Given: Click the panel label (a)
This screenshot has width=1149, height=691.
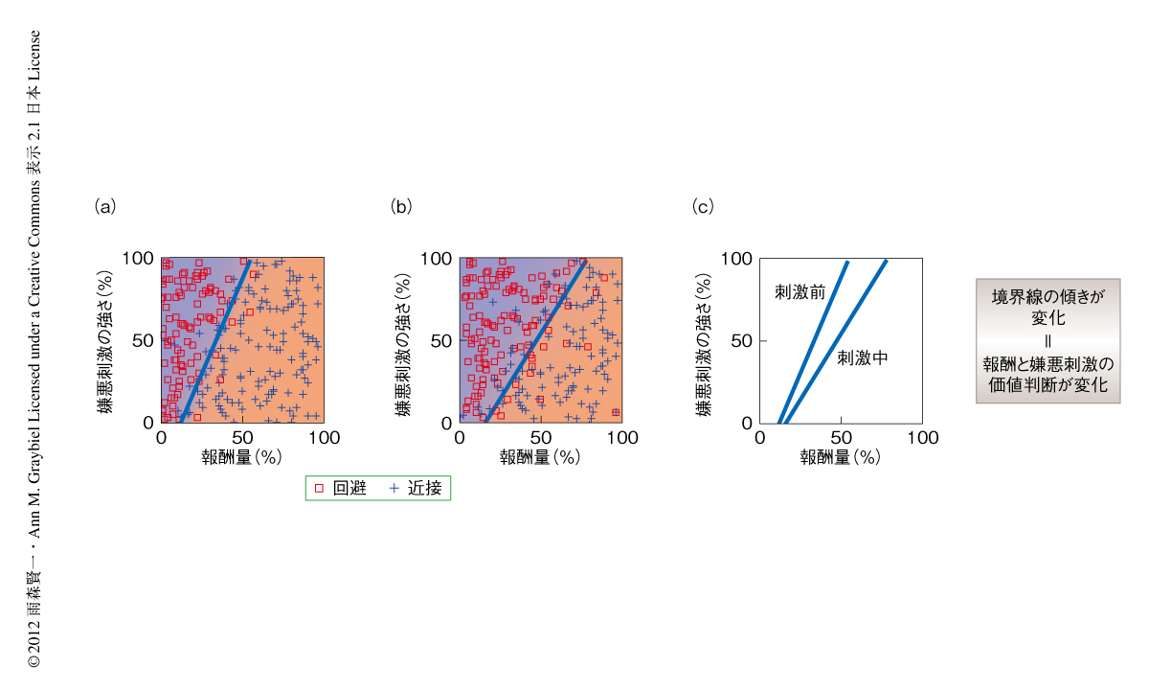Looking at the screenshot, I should (x=104, y=206).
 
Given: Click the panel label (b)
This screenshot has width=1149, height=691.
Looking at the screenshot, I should (x=402, y=206).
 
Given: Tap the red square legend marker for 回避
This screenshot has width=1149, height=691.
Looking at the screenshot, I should (x=320, y=488).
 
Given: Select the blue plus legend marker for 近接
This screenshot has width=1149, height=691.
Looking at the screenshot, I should (x=394, y=488).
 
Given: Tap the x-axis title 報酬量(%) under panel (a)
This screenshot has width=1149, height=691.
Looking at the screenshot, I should (x=242, y=457).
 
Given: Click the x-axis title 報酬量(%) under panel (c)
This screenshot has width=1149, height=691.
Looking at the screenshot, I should (x=840, y=457).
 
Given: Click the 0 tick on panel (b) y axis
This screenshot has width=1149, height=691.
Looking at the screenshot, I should (x=446, y=423).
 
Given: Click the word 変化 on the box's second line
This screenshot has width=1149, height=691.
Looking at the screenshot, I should (x=1048, y=317).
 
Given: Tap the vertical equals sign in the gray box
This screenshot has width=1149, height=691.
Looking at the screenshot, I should (x=1048, y=341).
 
